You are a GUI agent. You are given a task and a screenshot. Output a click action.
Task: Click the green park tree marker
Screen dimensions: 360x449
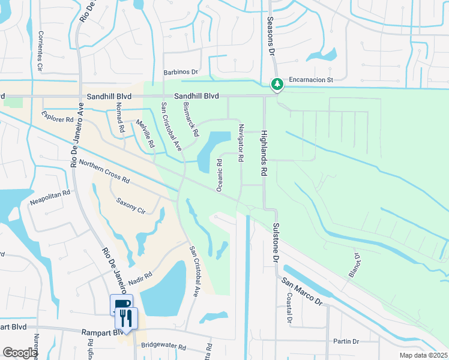tap(277, 85)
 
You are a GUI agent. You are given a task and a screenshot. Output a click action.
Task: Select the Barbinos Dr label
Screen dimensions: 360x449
tap(181, 72)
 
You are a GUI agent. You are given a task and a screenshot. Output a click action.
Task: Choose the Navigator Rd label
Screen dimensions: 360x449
tap(241, 142)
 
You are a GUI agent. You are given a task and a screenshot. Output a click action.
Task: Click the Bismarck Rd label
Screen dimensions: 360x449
tap(190, 118)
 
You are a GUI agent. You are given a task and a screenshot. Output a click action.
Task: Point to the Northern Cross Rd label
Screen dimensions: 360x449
tap(104, 171)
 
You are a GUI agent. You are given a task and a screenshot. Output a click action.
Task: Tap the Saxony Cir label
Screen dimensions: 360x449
tap(131, 206)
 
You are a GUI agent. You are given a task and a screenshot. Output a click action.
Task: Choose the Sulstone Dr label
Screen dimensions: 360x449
tap(277, 242)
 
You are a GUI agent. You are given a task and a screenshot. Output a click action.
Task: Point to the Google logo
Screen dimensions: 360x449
tap(20, 353)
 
